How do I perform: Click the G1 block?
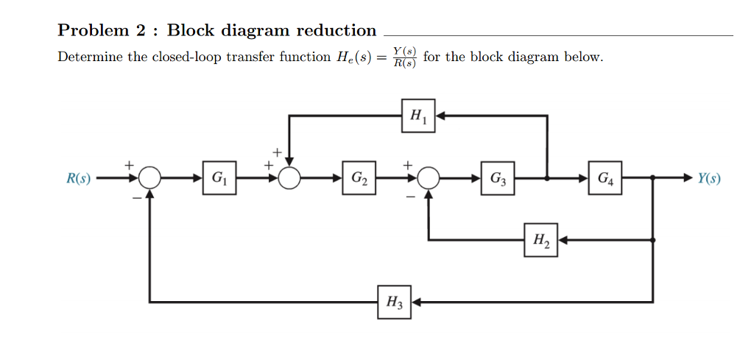(219, 177)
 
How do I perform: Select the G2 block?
(359, 177)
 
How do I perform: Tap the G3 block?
(498, 177)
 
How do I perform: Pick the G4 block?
(605, 177)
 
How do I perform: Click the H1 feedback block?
(418, 116)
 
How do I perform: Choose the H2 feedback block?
(540, 239)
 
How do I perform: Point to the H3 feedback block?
(395, 302)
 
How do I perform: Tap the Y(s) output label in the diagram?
(708, 178)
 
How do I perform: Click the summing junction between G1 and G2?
(289, 178)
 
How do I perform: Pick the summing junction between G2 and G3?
(429, 178)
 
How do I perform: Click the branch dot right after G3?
(546, 178)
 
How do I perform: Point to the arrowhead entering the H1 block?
(441, 116)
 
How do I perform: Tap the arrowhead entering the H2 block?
(563, 239)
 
